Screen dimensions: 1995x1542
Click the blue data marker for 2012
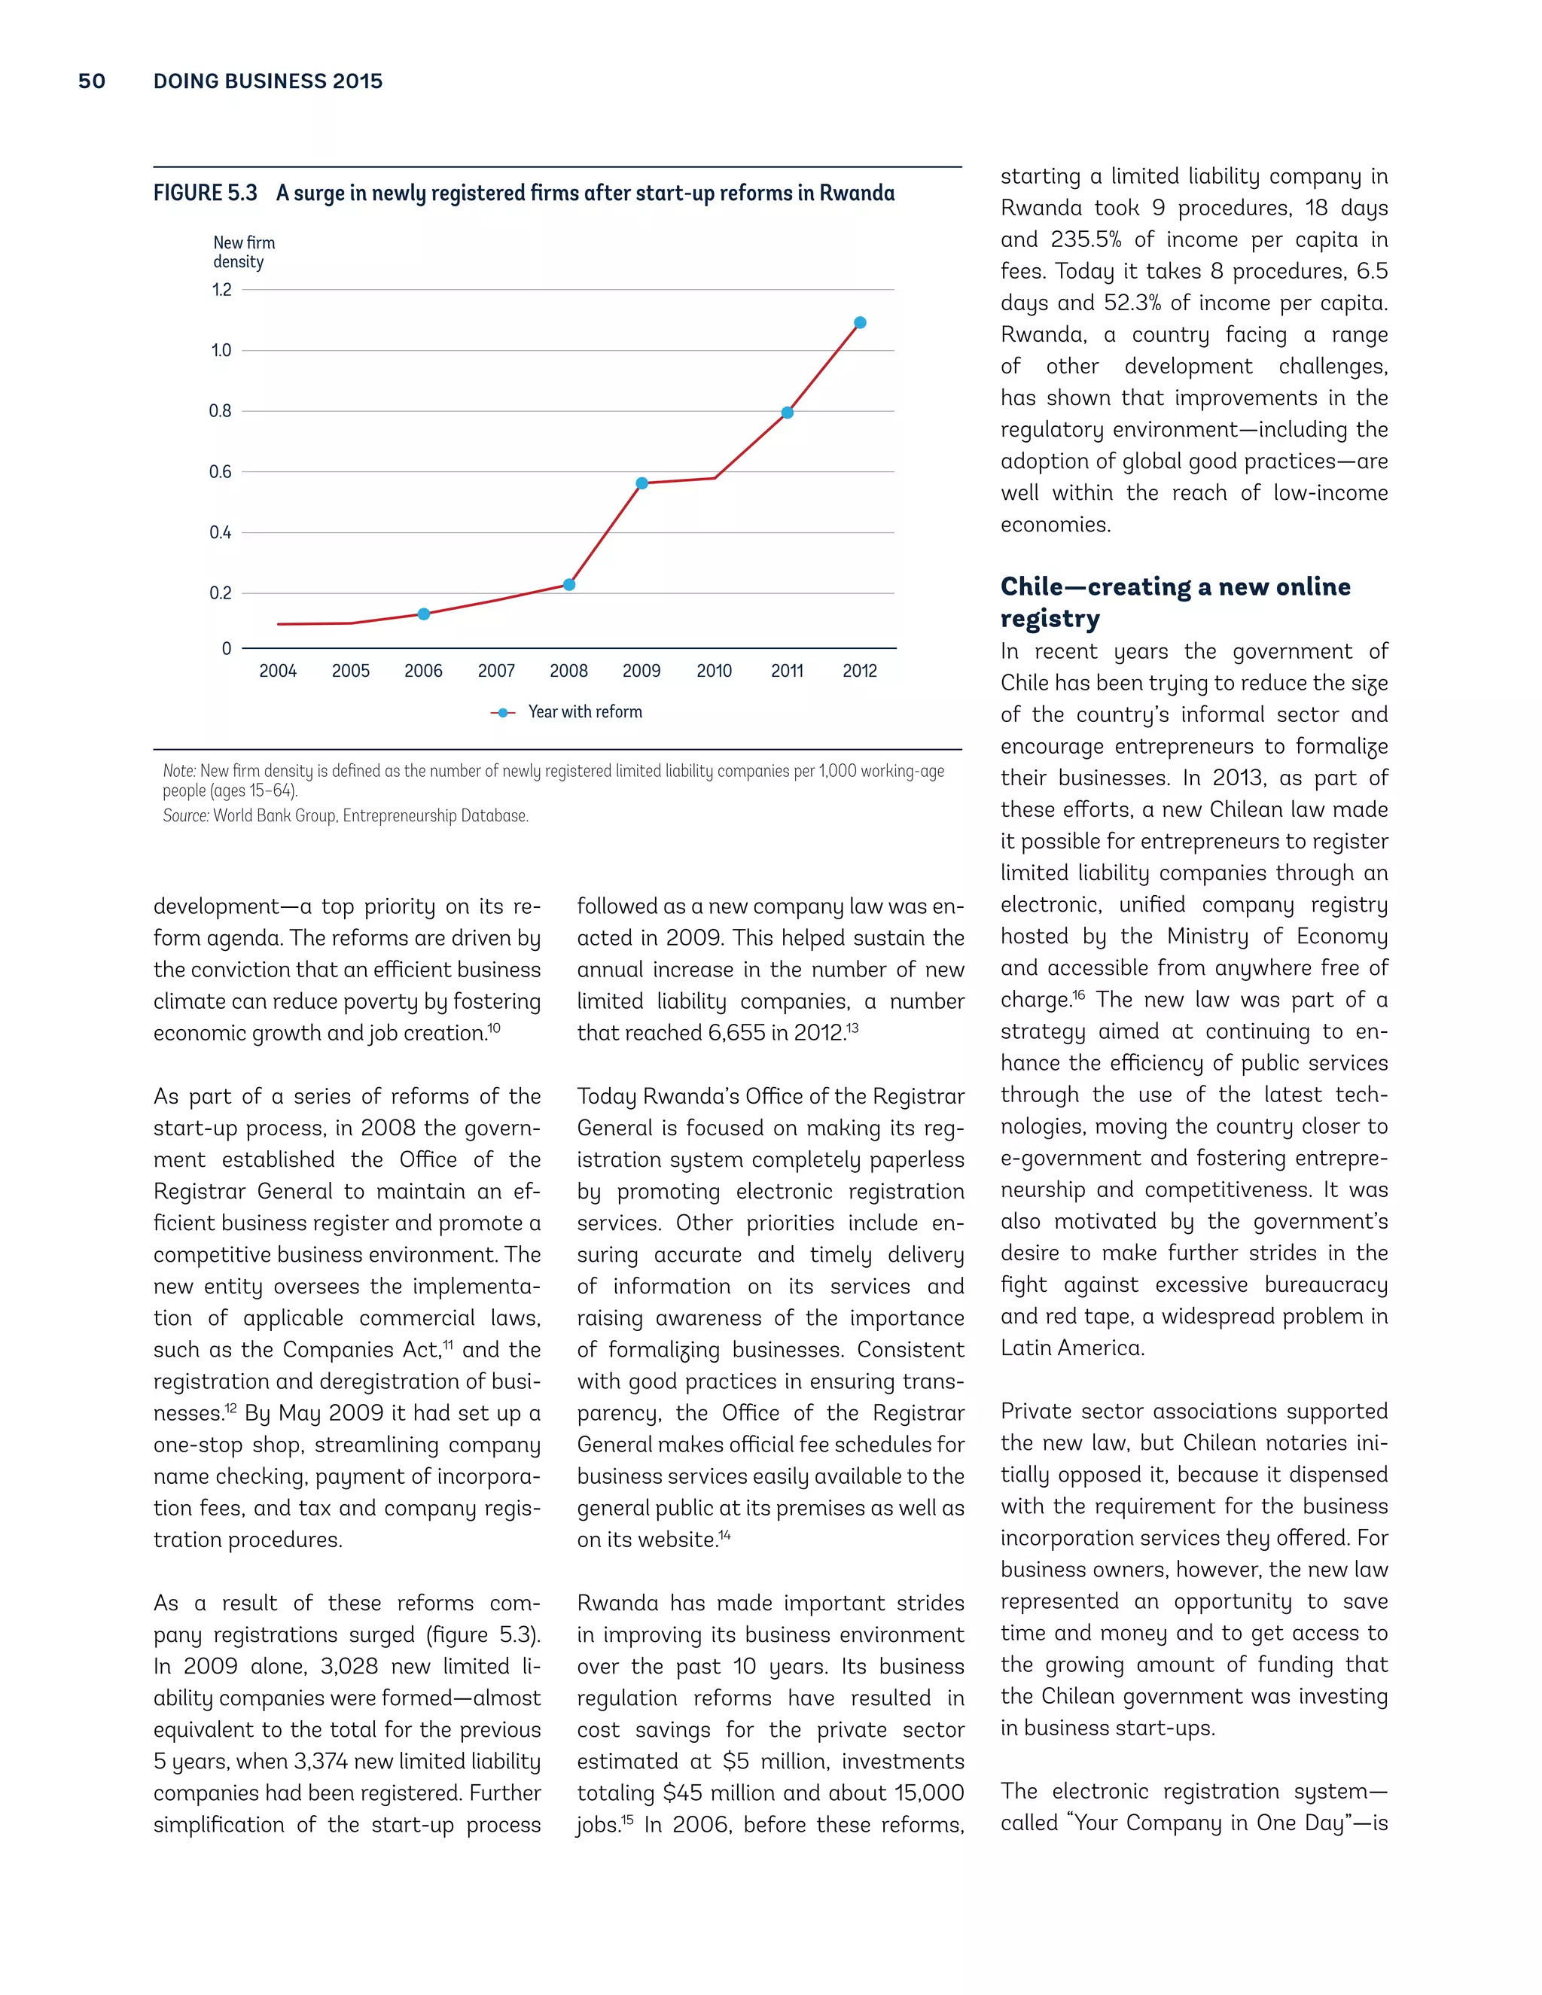pos(860,322)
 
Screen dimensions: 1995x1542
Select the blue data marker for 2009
pos(642,483)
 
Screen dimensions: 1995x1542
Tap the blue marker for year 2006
pos(424,614)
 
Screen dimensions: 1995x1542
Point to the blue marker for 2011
pos(788,413)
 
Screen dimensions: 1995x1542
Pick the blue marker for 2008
pos(569,585)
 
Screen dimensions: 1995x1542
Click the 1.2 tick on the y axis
pos(222,291)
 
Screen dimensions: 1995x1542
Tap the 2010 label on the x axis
pos(715,672)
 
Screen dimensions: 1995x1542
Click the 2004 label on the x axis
pos(278,672)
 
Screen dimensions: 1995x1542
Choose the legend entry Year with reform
pos(567,712)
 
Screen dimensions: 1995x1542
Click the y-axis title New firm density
pos(243,252)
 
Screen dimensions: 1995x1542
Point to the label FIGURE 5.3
pos(206,193)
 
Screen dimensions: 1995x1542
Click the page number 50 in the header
pos(91,81)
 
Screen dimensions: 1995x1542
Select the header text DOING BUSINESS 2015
pos(267,81)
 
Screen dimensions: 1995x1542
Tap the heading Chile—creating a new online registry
pos(1175,602)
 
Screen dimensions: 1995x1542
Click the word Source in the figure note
pos(185,816)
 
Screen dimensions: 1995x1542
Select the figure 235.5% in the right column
pos(1085,240)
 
